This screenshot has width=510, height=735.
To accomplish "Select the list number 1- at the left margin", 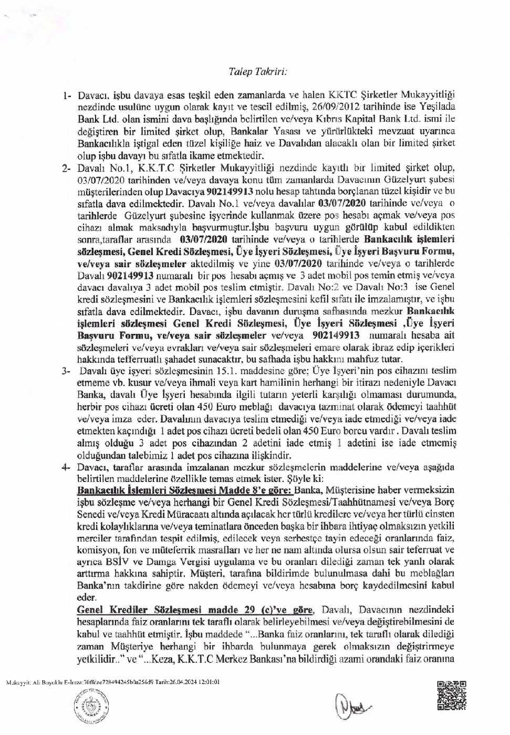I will (x=66, y=96).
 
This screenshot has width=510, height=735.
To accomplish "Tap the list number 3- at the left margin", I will (x=66, y=371).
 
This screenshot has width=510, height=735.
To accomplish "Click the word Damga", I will (x=154, y=562).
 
